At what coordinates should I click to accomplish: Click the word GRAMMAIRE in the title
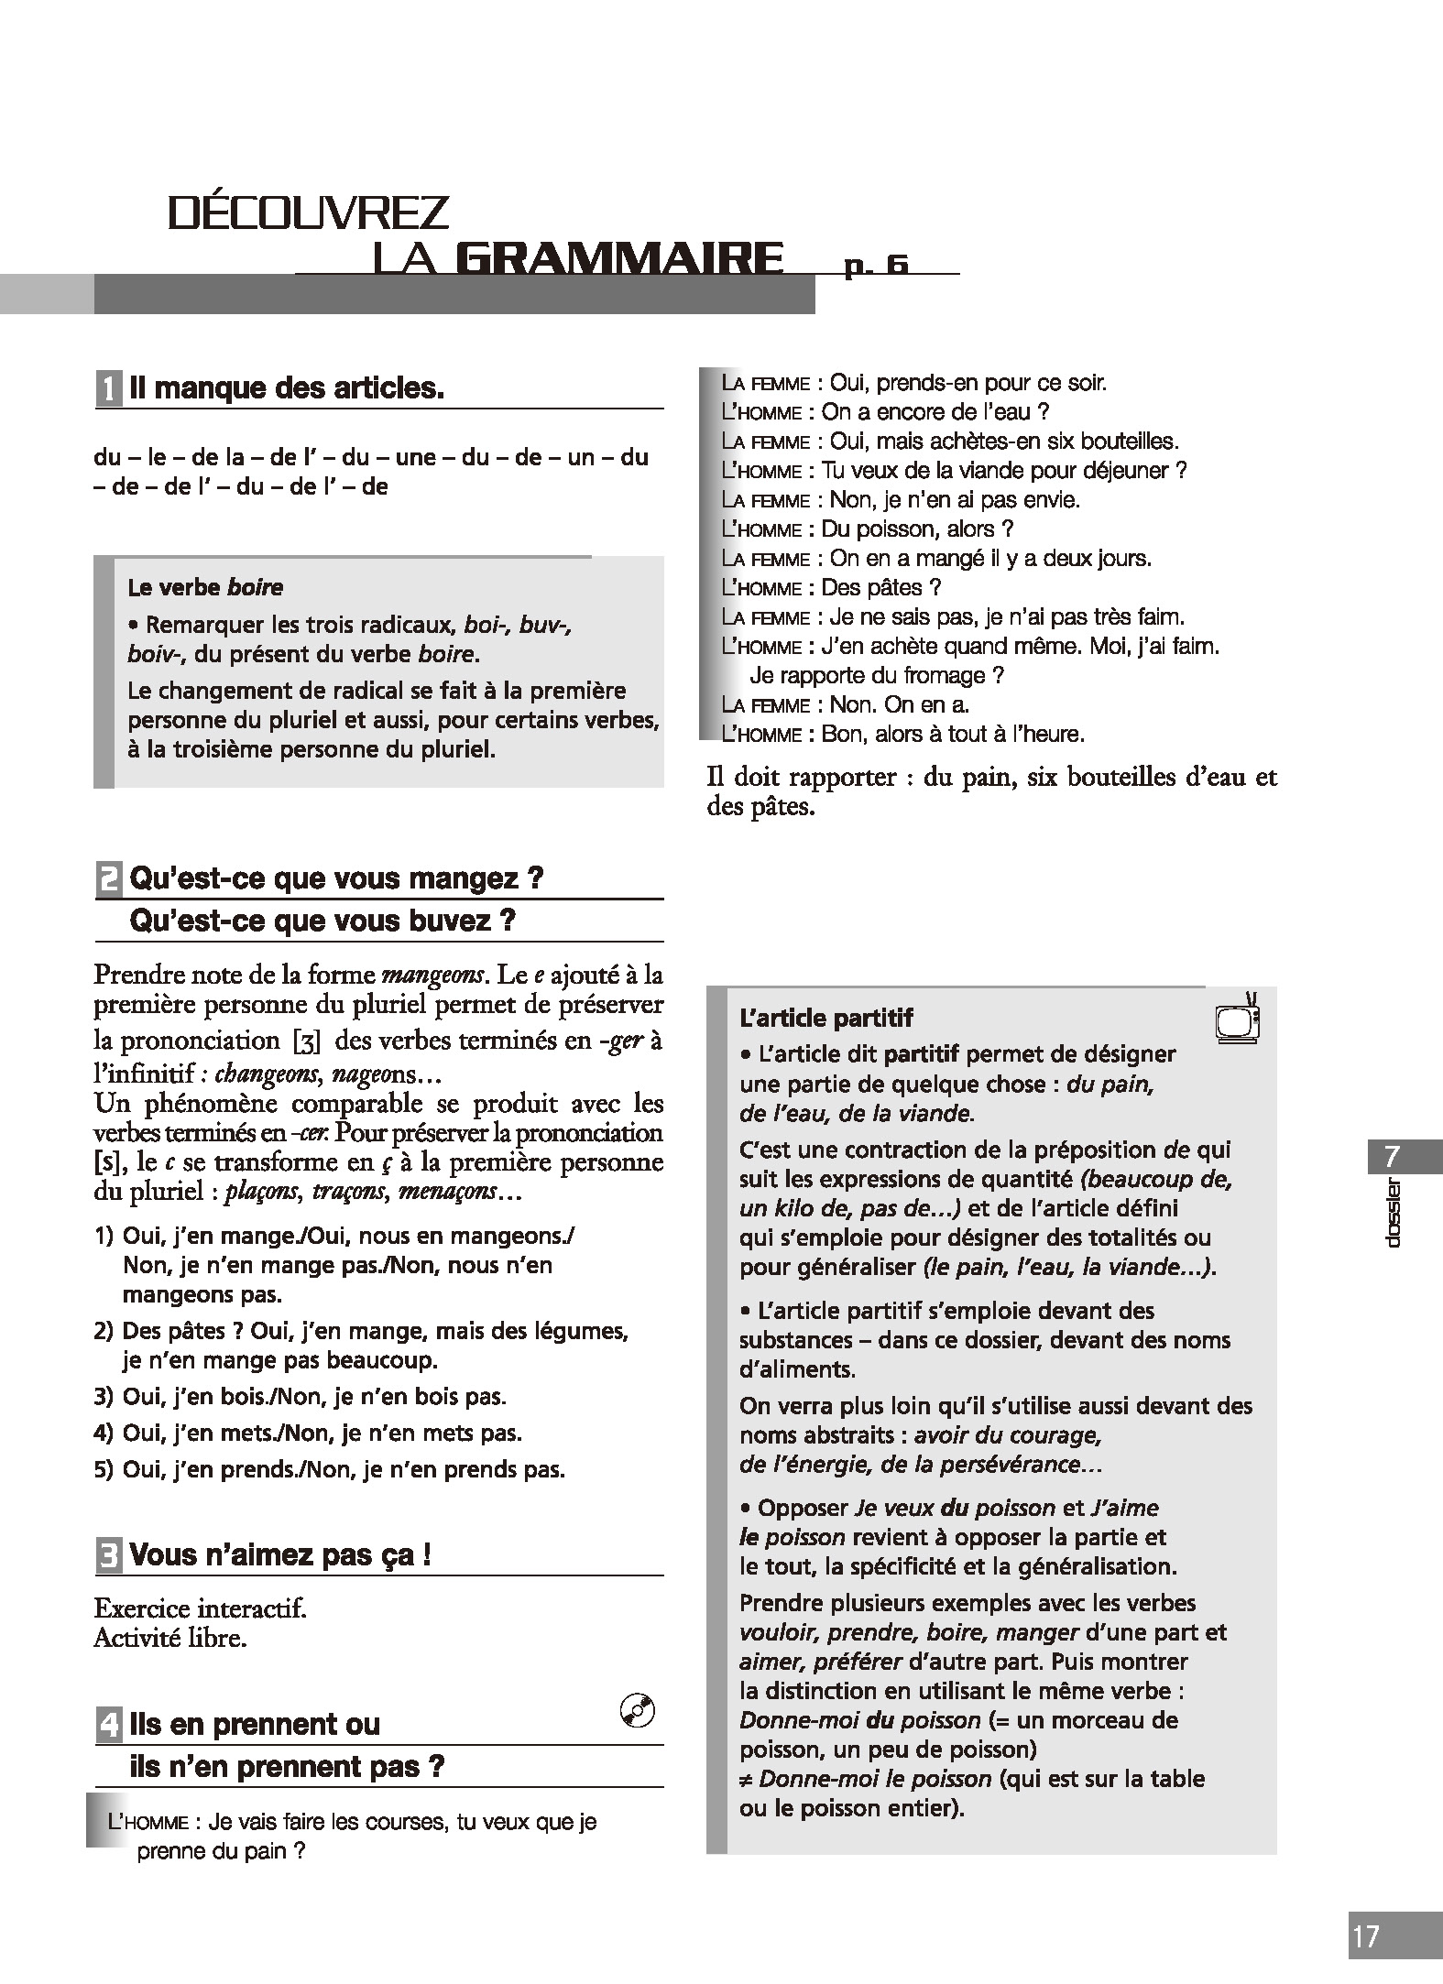[x=618, y=259]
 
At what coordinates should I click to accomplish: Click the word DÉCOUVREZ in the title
[x=309, y=213]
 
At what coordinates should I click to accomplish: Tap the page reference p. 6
[x=876, y=265]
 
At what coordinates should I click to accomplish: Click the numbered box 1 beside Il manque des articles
[x=108, y=389]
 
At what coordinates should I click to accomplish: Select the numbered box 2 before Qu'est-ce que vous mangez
[x=108, y=879]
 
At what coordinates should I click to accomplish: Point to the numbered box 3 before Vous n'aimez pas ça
[x=108, y=1555]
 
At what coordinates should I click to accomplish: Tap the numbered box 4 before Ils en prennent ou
[x=108, y=1725]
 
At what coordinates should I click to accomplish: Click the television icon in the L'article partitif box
[x=1237, y=1019]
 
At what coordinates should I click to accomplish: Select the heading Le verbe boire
[x=205, y=587]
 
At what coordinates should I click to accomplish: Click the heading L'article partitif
[x=825, y=1018]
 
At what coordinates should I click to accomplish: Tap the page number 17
[x=1365, y=1937]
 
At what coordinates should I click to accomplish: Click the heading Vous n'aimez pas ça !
[x=280, y=1555]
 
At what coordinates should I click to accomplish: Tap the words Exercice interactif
[x=200, y=1608]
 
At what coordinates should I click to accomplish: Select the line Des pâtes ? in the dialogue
[x=880, y=587]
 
